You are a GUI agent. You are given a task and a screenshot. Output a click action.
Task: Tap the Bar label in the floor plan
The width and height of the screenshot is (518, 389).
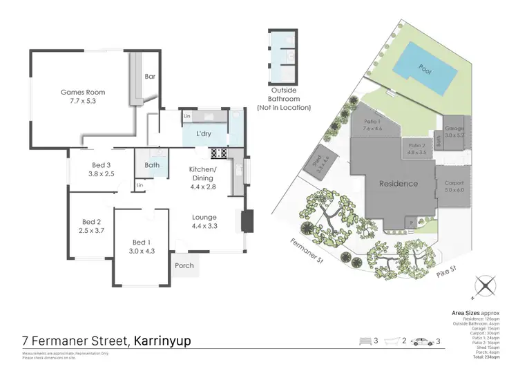[x=149, y=77]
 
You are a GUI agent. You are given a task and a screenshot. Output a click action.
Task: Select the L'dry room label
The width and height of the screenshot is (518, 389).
[x=204, y=133]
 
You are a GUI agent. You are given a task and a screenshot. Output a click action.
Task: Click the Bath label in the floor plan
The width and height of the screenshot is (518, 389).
[x=153, y=165]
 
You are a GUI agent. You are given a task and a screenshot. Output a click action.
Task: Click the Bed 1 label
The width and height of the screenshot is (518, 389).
[x=140, y=242]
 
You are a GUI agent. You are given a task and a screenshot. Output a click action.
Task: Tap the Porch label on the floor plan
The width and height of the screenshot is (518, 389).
[x=184, y=265]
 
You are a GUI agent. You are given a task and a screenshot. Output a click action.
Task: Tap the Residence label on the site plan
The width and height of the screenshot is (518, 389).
[x=399, y=184]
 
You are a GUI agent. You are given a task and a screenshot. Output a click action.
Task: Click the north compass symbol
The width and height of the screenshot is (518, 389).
[x=484, y=285]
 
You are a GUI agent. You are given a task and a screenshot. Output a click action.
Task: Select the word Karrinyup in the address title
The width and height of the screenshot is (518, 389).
[x=169, y=341]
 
